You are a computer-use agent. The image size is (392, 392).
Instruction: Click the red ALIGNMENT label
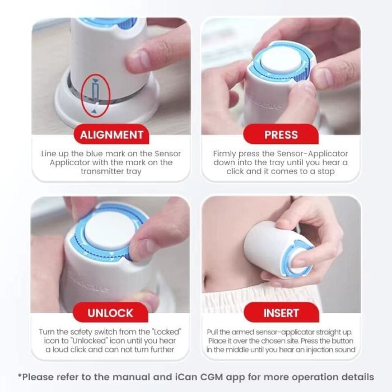(111, 134)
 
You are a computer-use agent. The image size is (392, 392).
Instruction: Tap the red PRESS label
(281, 134)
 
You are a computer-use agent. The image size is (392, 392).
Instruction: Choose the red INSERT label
(281, 312)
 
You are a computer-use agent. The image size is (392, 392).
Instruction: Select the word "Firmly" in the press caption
(226, 153)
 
